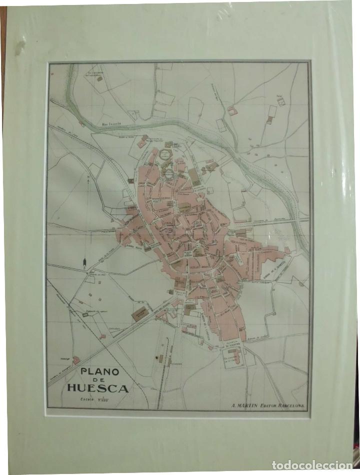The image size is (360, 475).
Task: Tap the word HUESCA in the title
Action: (98, 388)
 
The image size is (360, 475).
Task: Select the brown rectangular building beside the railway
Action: (140, 314)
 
